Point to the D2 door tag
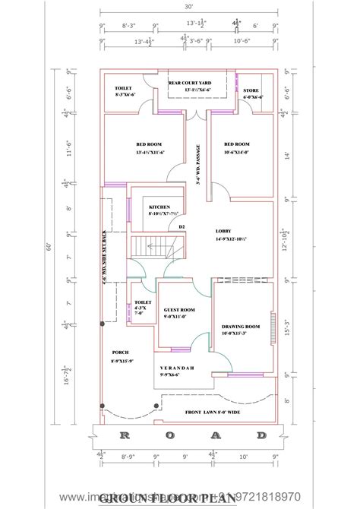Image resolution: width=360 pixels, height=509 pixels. click(x=182, y=226)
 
